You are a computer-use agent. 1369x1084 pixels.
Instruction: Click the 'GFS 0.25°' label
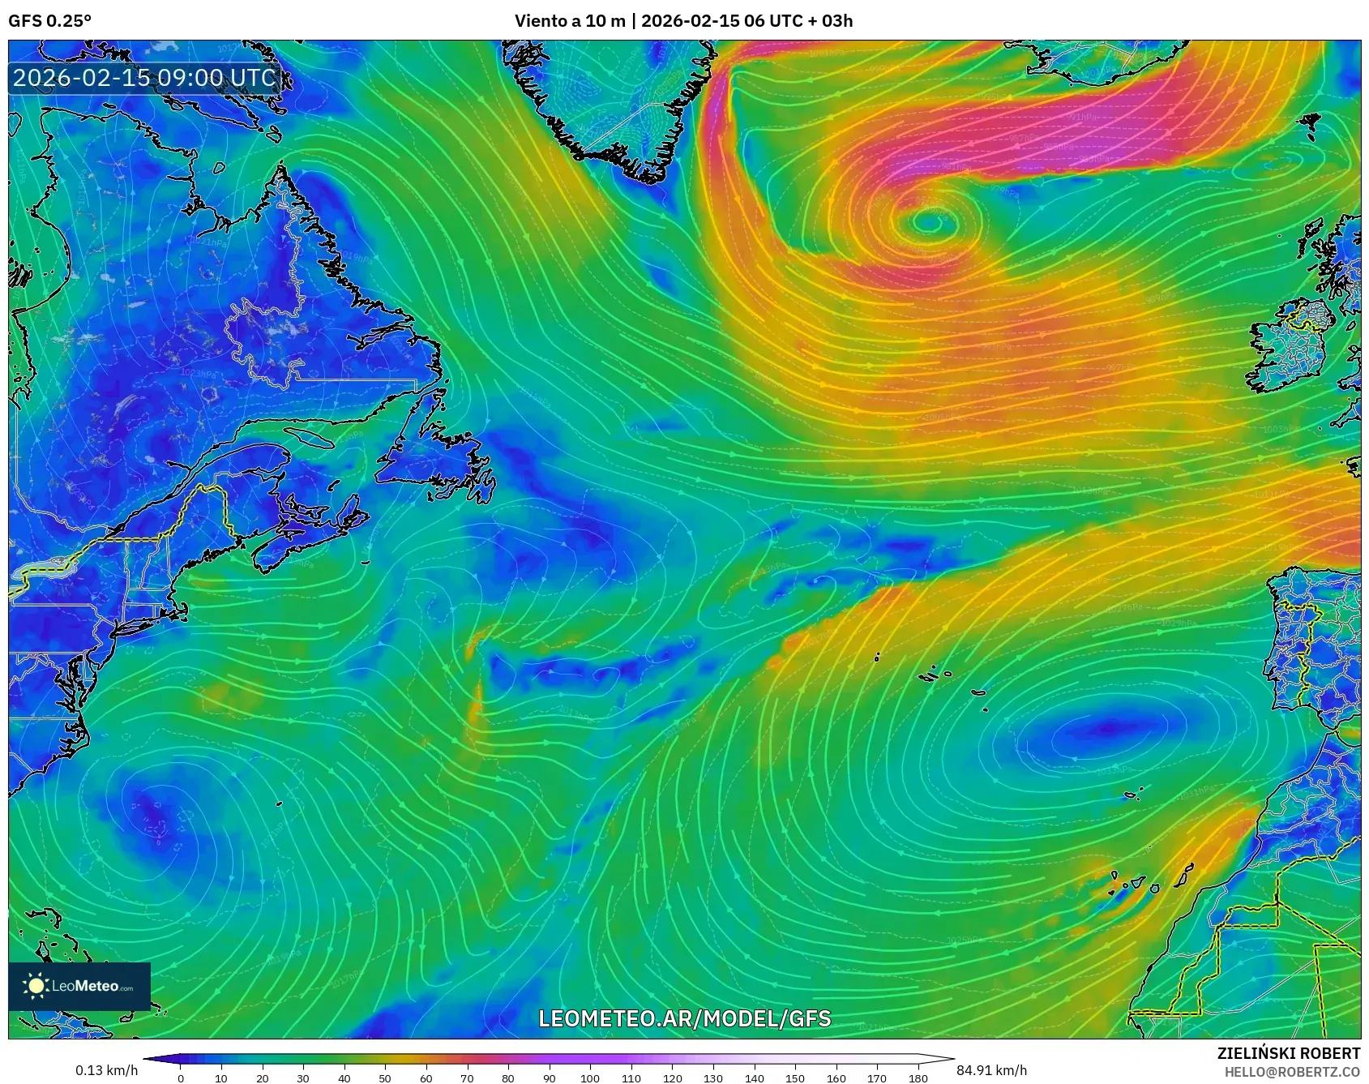click(x=49, y=21)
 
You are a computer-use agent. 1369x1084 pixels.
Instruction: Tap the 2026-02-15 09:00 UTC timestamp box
click(x=144, y=78)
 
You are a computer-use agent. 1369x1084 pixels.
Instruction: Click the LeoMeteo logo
click(x=79, y=986)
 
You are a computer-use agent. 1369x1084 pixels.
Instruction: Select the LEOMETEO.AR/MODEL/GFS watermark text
click(x=685, y=1018)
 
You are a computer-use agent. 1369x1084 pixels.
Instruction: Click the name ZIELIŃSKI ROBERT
click(x=1288, y=1053)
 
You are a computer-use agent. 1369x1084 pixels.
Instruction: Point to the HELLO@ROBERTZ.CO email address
click(x=1292, y=1072)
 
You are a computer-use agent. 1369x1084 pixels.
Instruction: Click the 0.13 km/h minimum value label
click(x=106, y=1070)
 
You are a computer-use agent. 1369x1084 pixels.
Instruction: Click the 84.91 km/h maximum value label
click(x=991, y=1070)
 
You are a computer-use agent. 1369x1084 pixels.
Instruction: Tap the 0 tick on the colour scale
click(x=181, y=1078)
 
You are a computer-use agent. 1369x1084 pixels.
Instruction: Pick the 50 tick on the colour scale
click(x=385, y=1078)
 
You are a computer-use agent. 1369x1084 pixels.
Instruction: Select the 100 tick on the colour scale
click(x=590, y=1078)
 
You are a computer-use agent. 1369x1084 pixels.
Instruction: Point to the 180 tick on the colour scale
click(x=918, y=1078)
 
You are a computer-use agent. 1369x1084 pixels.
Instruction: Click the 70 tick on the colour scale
click(x=467, y=1078)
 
